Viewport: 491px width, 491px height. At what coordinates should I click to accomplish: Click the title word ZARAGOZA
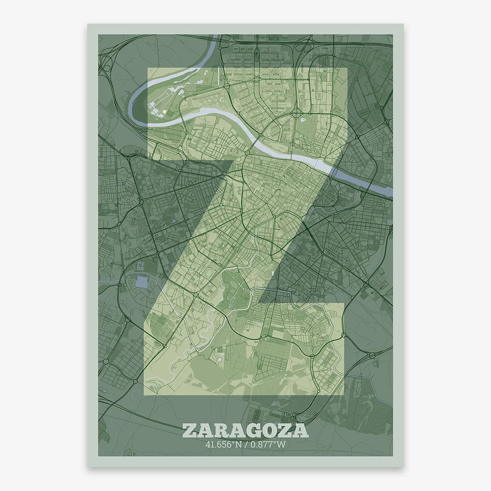pos(245,430)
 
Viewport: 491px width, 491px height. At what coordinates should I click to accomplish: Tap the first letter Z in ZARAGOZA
pos(189,430)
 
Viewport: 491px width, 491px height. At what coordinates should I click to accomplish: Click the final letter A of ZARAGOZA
pos(301,430)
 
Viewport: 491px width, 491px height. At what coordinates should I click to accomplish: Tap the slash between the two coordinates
pos(245,444)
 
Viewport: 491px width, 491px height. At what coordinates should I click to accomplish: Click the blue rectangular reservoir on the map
pos(142,281)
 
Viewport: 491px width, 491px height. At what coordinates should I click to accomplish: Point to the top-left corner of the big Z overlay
pos(148,69)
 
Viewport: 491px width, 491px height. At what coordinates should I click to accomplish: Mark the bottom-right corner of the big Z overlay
pos(344,394)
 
